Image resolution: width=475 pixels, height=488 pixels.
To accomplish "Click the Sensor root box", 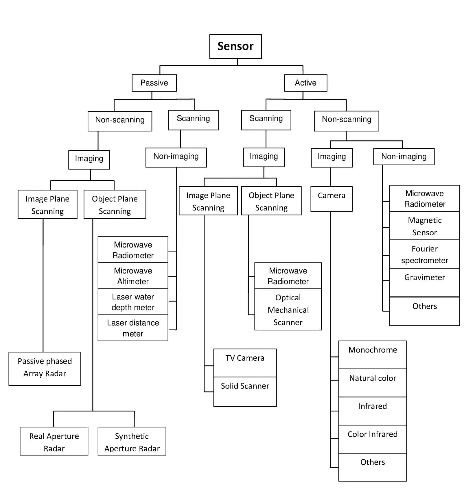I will coord(235,46).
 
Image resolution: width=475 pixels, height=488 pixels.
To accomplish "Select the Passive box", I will coord(154,83).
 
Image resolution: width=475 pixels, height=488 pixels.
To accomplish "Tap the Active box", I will coord(305,83).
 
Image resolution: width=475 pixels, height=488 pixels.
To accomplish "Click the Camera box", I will coord(331,199).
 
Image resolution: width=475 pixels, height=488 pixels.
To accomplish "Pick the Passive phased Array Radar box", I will coord(45,368).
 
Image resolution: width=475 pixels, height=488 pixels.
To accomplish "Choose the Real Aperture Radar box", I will coord(54,441).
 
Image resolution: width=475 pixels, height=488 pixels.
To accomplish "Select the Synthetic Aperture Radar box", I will coord(132,441).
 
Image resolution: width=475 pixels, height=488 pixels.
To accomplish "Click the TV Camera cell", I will coord(245,363).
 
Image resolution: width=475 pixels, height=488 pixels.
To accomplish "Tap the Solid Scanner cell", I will coord(245,391).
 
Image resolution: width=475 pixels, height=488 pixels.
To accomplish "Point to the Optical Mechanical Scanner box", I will coord(288,309).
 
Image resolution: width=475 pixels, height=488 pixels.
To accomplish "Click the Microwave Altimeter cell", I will coord(133,276).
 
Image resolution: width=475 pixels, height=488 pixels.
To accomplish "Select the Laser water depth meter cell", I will coord(133,302).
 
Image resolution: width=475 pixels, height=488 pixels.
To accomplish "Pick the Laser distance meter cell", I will coord(133,328).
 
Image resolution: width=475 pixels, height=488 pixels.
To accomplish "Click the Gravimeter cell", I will coord(424,282).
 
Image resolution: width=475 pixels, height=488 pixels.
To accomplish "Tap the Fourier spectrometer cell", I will coord(424,254).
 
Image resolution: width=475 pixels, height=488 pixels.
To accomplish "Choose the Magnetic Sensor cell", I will coord(424,226).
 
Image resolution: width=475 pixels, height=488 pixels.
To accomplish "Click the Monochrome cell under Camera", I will coord(372,355).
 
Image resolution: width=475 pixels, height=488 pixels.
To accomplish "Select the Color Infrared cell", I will coord(372,439).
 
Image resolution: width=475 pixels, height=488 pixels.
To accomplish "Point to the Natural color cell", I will coord(372,383).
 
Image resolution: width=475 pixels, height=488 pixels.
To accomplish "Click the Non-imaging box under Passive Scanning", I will coord(176,157).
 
